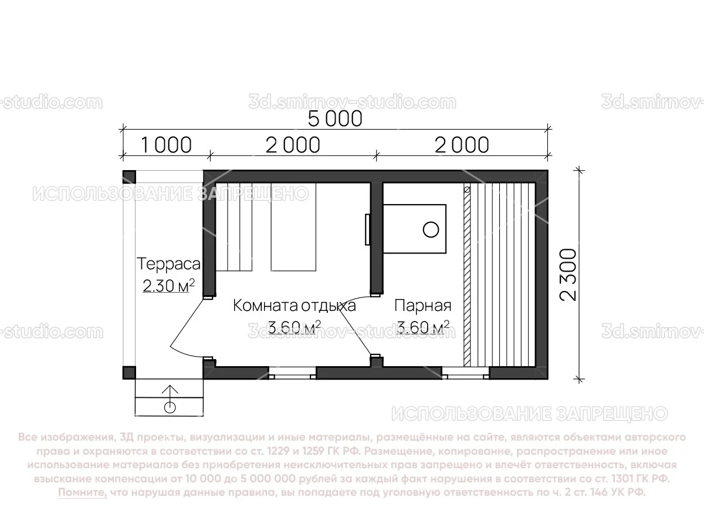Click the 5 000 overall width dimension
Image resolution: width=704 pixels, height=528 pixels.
pyautogui.click(x=335, y=119)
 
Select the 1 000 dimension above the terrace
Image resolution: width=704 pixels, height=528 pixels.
pyautogui.click(x=166, y=144)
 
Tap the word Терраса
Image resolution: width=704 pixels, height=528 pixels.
pyautogui.click(x=168, y=264)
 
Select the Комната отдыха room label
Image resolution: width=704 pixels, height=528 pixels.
pyautogui.click(x=295, y=306)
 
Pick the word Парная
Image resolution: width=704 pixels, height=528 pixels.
pyautogui.click(x=422, y=306)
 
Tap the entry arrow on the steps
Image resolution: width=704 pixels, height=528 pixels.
pyautogui.click(x=170, y=392)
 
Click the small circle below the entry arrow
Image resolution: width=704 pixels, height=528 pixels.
pyautogui.click(x=170, y=407)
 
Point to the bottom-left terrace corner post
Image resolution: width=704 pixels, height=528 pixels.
pyautogui.click(x=129, y=372)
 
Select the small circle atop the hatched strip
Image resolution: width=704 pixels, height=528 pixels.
pyautogui.click(x=467, y=190)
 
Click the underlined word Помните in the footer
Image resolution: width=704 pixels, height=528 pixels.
pyautogui.click(x=83, y=493)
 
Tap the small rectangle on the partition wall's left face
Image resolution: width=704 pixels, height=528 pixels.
pyautogui.click(x=367, y=229)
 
